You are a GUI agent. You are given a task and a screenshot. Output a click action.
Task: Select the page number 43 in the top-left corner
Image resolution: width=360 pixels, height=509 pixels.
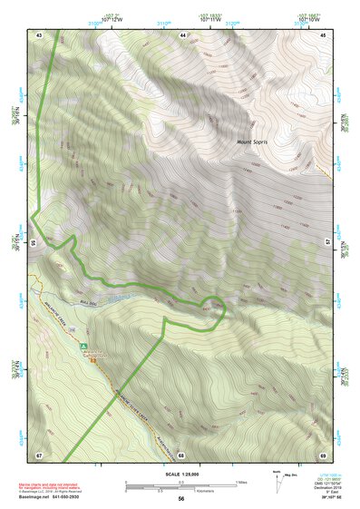click(39, 34)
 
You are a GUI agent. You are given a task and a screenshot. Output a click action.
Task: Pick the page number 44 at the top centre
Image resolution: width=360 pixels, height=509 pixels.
click(181, 34)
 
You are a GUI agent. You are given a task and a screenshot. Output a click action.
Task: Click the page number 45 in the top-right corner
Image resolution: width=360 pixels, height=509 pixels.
click(323, 34)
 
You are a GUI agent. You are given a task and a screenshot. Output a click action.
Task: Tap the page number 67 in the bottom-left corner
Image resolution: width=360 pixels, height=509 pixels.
click(39, 454)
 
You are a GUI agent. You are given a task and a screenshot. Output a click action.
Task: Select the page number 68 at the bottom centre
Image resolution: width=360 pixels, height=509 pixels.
click(181, 454)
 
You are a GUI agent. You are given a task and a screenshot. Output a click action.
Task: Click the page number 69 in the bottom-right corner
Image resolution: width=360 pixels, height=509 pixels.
click(323, 454)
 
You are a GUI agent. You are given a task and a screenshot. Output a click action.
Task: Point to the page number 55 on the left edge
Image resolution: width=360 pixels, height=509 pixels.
click(34, 243)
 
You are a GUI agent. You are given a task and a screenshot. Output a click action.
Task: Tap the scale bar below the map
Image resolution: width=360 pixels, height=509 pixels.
click(181, 485)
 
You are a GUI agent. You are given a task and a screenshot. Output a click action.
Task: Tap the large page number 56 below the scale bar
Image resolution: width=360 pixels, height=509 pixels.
click(181, 498)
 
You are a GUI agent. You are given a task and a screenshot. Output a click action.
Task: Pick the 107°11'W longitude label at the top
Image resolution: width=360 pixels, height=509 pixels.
click(208, 17)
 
